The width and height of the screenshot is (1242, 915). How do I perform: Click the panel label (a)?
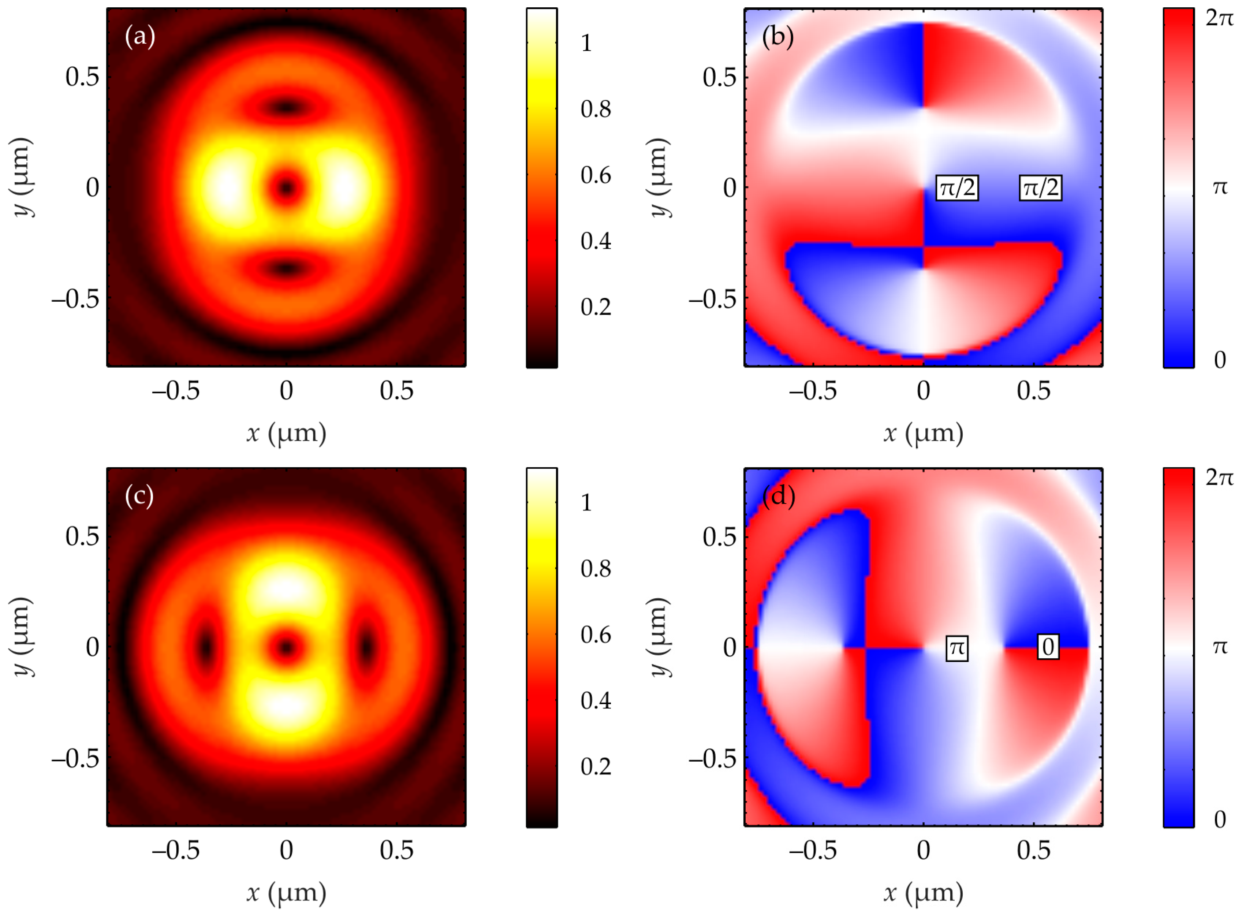click(139, 37)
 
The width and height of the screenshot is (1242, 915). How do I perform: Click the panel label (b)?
click(777, 37)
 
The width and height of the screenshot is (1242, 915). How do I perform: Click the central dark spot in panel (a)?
click(286, 188)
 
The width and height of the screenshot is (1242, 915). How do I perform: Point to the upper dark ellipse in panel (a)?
click(286, 106)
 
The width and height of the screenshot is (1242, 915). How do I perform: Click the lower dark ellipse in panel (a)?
click(286, 269)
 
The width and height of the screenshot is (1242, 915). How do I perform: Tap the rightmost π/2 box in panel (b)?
click(1040, 188)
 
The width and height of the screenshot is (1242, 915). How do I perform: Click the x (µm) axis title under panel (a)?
click(286, 434)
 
